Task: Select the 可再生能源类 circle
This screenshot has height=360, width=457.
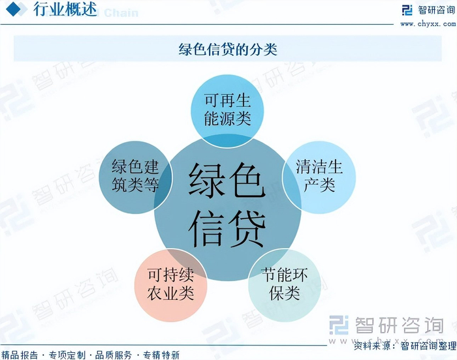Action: pos(227,110)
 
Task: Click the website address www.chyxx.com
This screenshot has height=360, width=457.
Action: pos(427,24)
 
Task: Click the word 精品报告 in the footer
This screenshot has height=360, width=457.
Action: pos(20,355)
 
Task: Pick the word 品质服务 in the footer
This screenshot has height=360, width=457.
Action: pos(114,355)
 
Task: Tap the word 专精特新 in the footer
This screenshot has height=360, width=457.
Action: pos(161,355)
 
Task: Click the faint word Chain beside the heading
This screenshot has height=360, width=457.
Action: pos(121,13)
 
